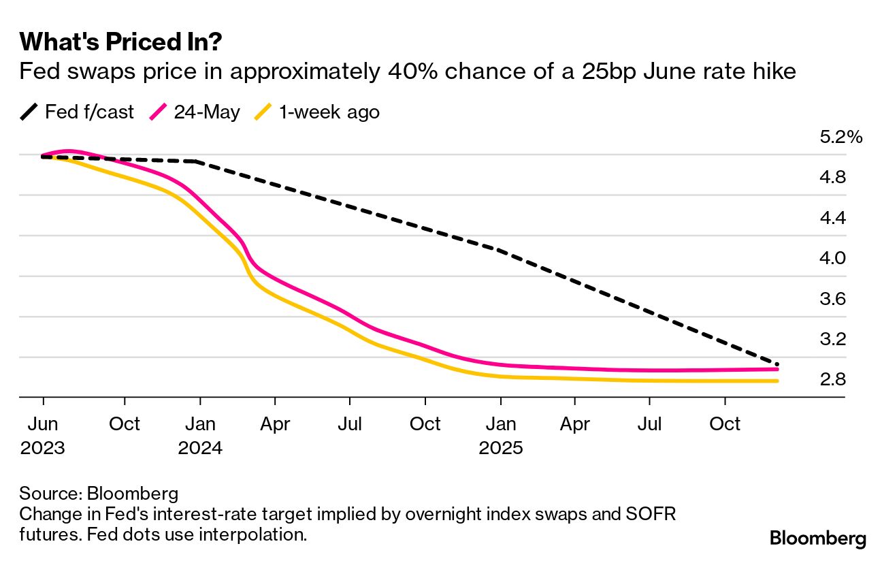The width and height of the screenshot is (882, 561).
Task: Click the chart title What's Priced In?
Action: [121, 42]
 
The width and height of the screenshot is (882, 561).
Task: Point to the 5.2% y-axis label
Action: [841, 138]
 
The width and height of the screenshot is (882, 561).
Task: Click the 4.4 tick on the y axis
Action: [832, 218]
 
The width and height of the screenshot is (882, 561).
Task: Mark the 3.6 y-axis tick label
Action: [832, 299]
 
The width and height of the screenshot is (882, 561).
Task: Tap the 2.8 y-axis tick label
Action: [832, 379]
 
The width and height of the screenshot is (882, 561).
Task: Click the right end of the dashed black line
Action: [777, 364]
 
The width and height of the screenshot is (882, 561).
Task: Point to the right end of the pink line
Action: [777, 369]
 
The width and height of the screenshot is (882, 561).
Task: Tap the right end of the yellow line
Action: [777, 381]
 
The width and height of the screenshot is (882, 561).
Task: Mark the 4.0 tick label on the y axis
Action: [832, 259]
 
